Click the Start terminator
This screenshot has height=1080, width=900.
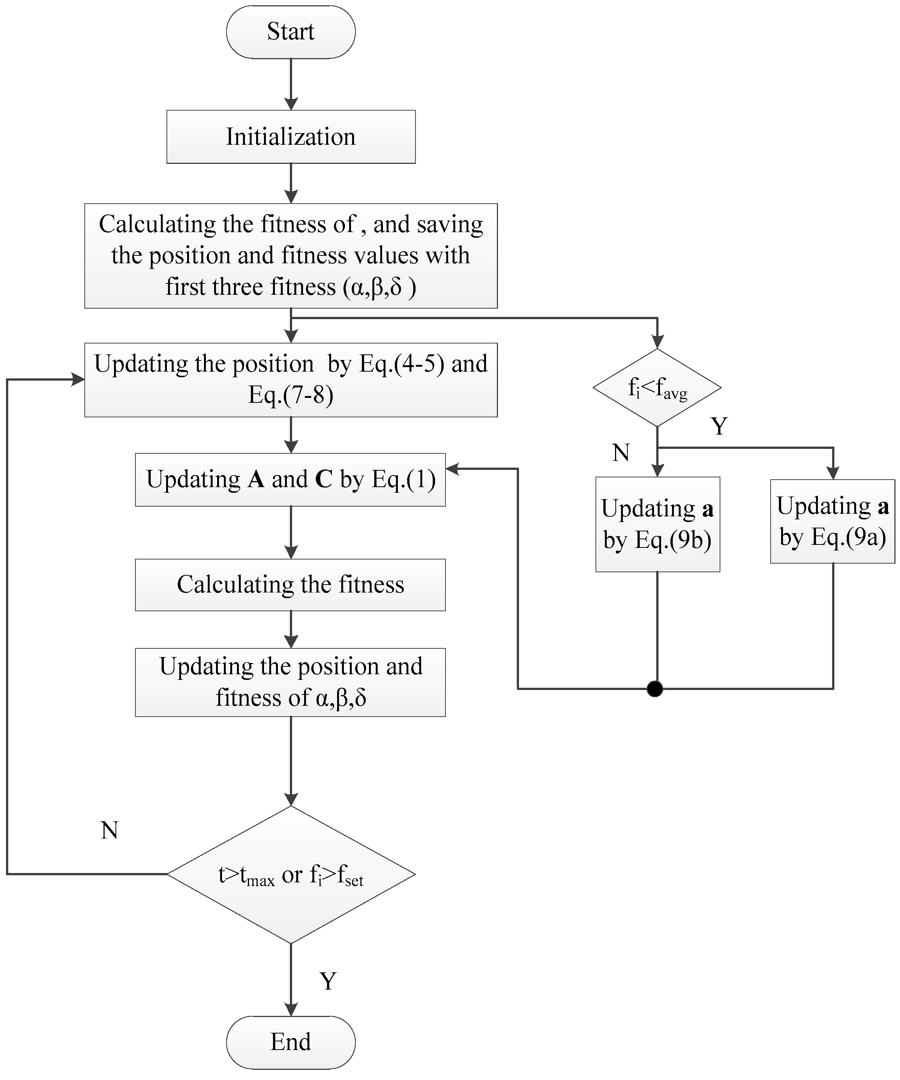(291, 32)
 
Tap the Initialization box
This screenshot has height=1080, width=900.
(291, 137)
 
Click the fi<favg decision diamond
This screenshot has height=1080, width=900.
(657, 388)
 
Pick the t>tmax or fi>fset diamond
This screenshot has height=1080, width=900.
(291, 874)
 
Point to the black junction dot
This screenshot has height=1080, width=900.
(655, 688)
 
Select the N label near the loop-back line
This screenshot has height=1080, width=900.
(109, 830)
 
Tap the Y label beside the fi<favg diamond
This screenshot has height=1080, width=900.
(719, 426)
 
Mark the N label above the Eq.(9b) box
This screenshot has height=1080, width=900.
(621, 453)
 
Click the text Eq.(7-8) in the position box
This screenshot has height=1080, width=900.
(291, 395)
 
